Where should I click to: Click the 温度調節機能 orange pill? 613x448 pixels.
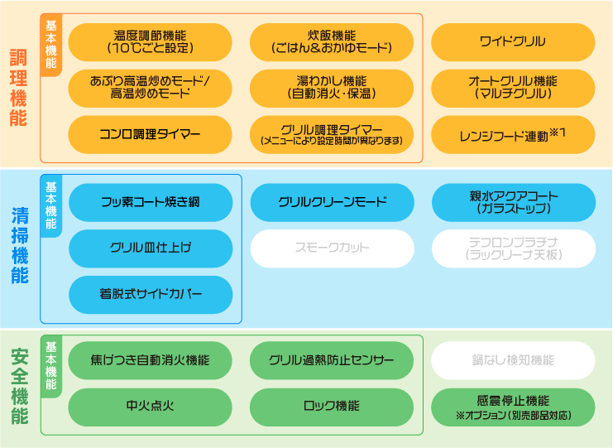150,42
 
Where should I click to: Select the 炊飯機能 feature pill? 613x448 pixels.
331,42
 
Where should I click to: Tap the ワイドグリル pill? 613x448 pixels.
513,42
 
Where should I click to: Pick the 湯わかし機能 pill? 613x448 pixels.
331,88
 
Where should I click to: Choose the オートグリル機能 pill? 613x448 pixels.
513,88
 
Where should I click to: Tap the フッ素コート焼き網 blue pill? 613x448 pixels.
150,202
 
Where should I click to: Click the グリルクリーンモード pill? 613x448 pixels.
331,202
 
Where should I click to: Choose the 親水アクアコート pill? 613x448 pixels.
513,202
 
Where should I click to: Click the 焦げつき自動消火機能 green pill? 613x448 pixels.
150,360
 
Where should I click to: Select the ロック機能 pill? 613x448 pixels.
331,407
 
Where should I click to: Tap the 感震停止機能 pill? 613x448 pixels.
513,407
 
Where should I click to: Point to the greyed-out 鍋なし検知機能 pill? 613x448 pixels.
513,360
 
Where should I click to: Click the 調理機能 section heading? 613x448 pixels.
18,88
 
